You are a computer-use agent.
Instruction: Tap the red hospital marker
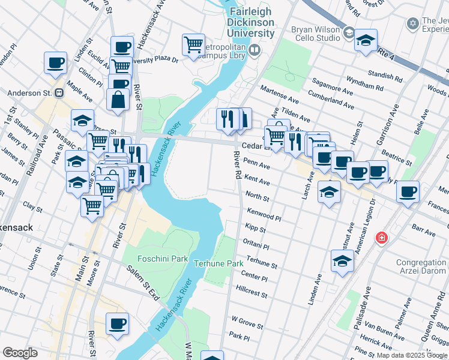pos(381,238)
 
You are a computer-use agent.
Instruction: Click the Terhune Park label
pos(218,263)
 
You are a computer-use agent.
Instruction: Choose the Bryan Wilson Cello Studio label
pos(315,29)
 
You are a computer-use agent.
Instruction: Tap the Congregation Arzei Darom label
pos(421,268)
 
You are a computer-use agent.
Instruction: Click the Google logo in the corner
pos(20,353)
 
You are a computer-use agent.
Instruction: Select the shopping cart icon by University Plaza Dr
pos(193,44)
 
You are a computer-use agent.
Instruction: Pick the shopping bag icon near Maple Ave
pos(118,99)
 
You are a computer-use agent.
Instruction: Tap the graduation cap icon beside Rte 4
pos(366,40)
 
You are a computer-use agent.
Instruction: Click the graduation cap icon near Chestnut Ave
pos(342,261)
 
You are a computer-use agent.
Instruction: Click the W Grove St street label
pos(247,325)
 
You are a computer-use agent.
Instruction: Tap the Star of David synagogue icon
pos(412,24)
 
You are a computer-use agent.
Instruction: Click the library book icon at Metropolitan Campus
pos(255,50)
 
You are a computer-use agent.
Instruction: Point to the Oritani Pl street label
pos(256,245)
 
